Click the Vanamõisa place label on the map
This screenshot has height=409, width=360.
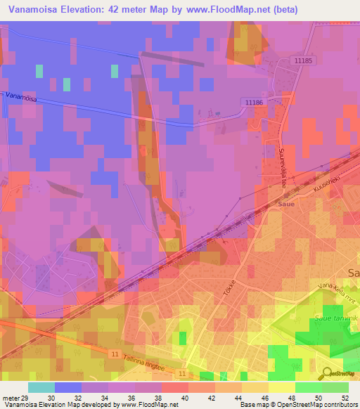coord(20,98)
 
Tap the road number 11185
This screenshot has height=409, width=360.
coord(303,62)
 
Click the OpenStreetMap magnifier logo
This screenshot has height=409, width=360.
coord(325,372)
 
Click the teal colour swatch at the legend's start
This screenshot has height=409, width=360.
coord(41,387)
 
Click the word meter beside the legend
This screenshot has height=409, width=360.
coord(10,398)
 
